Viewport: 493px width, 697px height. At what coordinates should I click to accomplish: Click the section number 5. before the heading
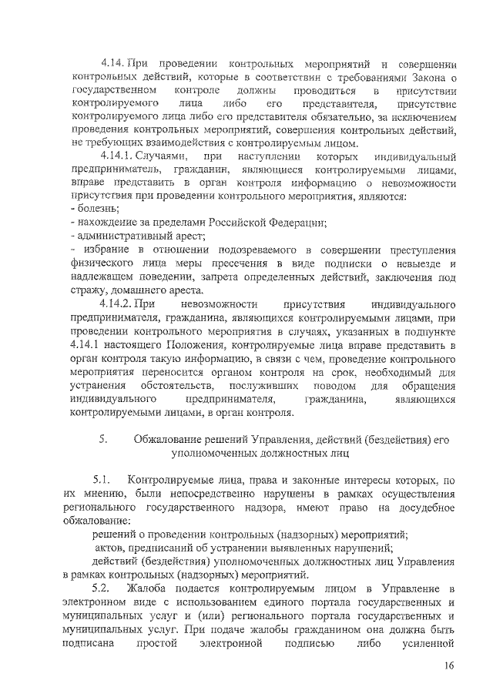click(x=103, y=439)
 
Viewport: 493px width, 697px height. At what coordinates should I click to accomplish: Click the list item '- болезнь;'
click(x=95, y=209)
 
